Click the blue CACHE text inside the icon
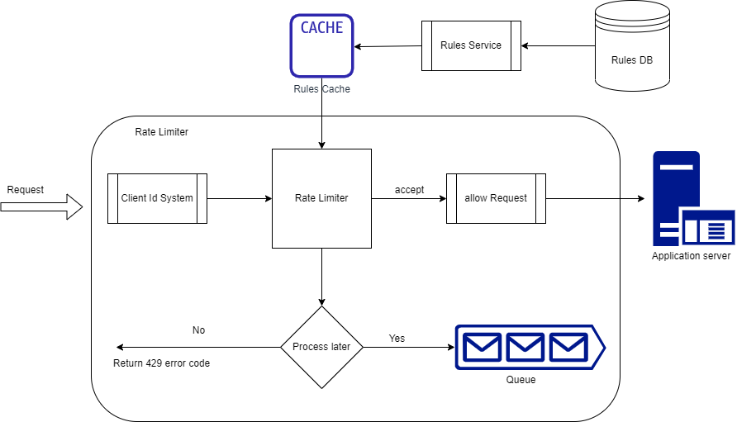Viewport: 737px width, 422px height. (x=321, y=28)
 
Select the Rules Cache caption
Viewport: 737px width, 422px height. (x=321, y=89)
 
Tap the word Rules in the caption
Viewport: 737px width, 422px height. (x=307, y=89)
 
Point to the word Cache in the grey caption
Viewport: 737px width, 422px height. (x=336, y=89)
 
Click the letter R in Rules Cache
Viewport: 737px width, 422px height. (x=297, y=89)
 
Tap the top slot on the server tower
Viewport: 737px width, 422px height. (x=676, y=168)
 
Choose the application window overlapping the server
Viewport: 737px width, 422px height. (x=708, y=227)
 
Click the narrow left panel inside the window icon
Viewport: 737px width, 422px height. (x=691, y=231)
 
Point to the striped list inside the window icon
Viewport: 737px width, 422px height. (x=716, y=231)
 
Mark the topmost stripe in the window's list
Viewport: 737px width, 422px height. (x=716, y=225)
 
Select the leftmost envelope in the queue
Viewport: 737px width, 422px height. (x=482, y=347)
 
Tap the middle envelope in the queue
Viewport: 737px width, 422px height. (x=525, y=347)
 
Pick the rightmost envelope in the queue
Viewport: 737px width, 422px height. (x=568, y=347)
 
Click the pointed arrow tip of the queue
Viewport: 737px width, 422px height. (x=602, y=347)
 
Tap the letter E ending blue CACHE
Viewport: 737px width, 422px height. (x=339, y=28)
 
